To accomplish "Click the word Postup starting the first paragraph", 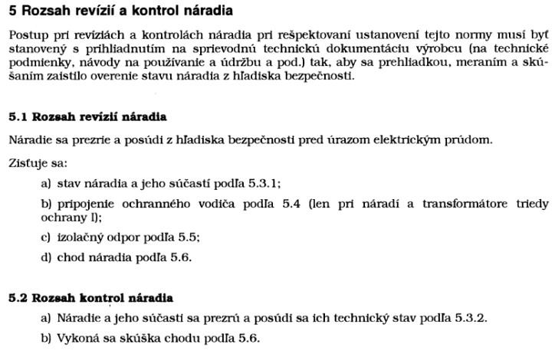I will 28,36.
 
